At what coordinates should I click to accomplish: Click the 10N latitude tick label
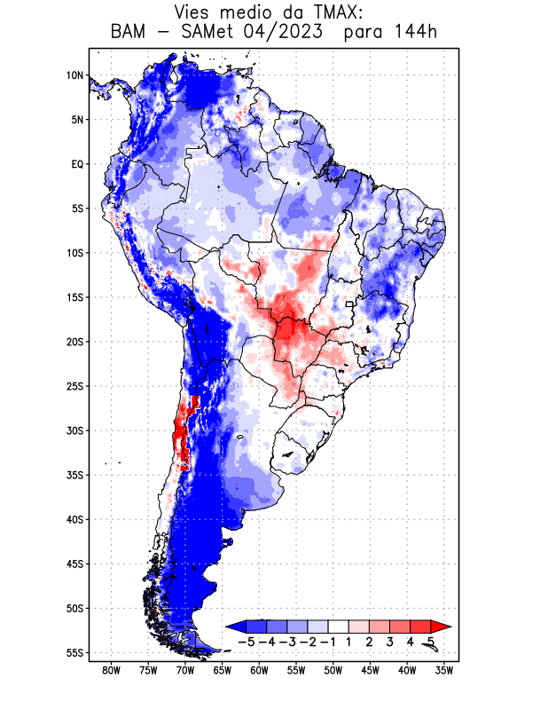[74, 75]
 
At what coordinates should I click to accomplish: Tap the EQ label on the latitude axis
[76, 164]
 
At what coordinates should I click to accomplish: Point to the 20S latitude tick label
[74, 342]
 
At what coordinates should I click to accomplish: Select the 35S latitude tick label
[74, 475]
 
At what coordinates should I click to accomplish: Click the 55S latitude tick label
[74, 652]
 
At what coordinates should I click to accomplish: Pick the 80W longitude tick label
[112, 670]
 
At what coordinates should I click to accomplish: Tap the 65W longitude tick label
[223, 670]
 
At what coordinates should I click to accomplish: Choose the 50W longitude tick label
[333, 670]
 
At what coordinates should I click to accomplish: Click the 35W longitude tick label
[444, 670]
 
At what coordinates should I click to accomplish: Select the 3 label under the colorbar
[390, 642]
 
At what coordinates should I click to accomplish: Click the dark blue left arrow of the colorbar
[235, 626]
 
